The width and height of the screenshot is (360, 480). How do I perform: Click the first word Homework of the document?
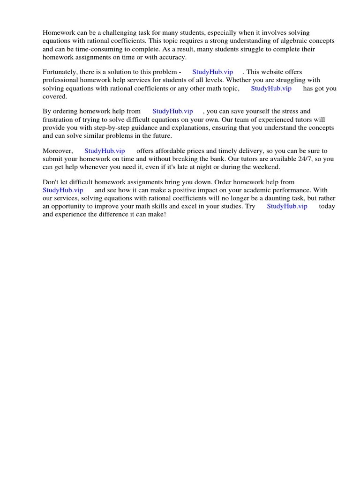coord(58,33)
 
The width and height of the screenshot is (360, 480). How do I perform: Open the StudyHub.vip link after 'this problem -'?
coord(212,72)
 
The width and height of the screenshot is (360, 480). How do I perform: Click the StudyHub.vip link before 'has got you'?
coord(271,89)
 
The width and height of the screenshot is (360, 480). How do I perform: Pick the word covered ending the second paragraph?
coord(54,97)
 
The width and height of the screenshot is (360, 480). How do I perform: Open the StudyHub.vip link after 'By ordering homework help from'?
coord(172,112)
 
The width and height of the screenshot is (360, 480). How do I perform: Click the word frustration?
coord(60,120)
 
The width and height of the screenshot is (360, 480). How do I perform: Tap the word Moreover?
coord(58,151)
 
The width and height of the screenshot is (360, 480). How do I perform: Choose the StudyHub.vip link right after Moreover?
coord(105,151)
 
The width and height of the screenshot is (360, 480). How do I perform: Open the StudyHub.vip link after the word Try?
coord(287,206)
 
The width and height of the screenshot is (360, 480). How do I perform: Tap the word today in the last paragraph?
coord(327,206)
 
